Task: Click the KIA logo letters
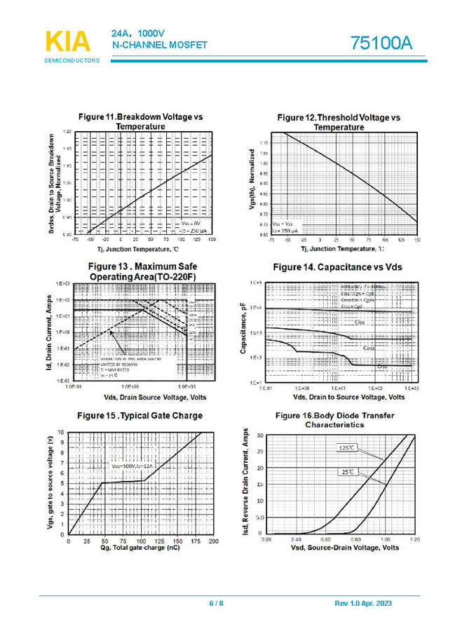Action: pyautogui.click(x=68, y=41)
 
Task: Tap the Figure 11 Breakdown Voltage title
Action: pyautogui.click(x=140, y=121)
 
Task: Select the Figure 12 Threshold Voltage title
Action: pyautogui.click(x=339, y=122)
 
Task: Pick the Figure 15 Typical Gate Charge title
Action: pyautogui.click(x=140, y=416)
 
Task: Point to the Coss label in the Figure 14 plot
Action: pyautogui.click(x=369, y=348)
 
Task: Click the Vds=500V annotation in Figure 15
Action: pyautogui.click(x=131, y=466)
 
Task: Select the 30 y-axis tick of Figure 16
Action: pyautogui.click(x=260, y=435)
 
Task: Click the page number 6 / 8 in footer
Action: pyautogui.click(x=217, y=604)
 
